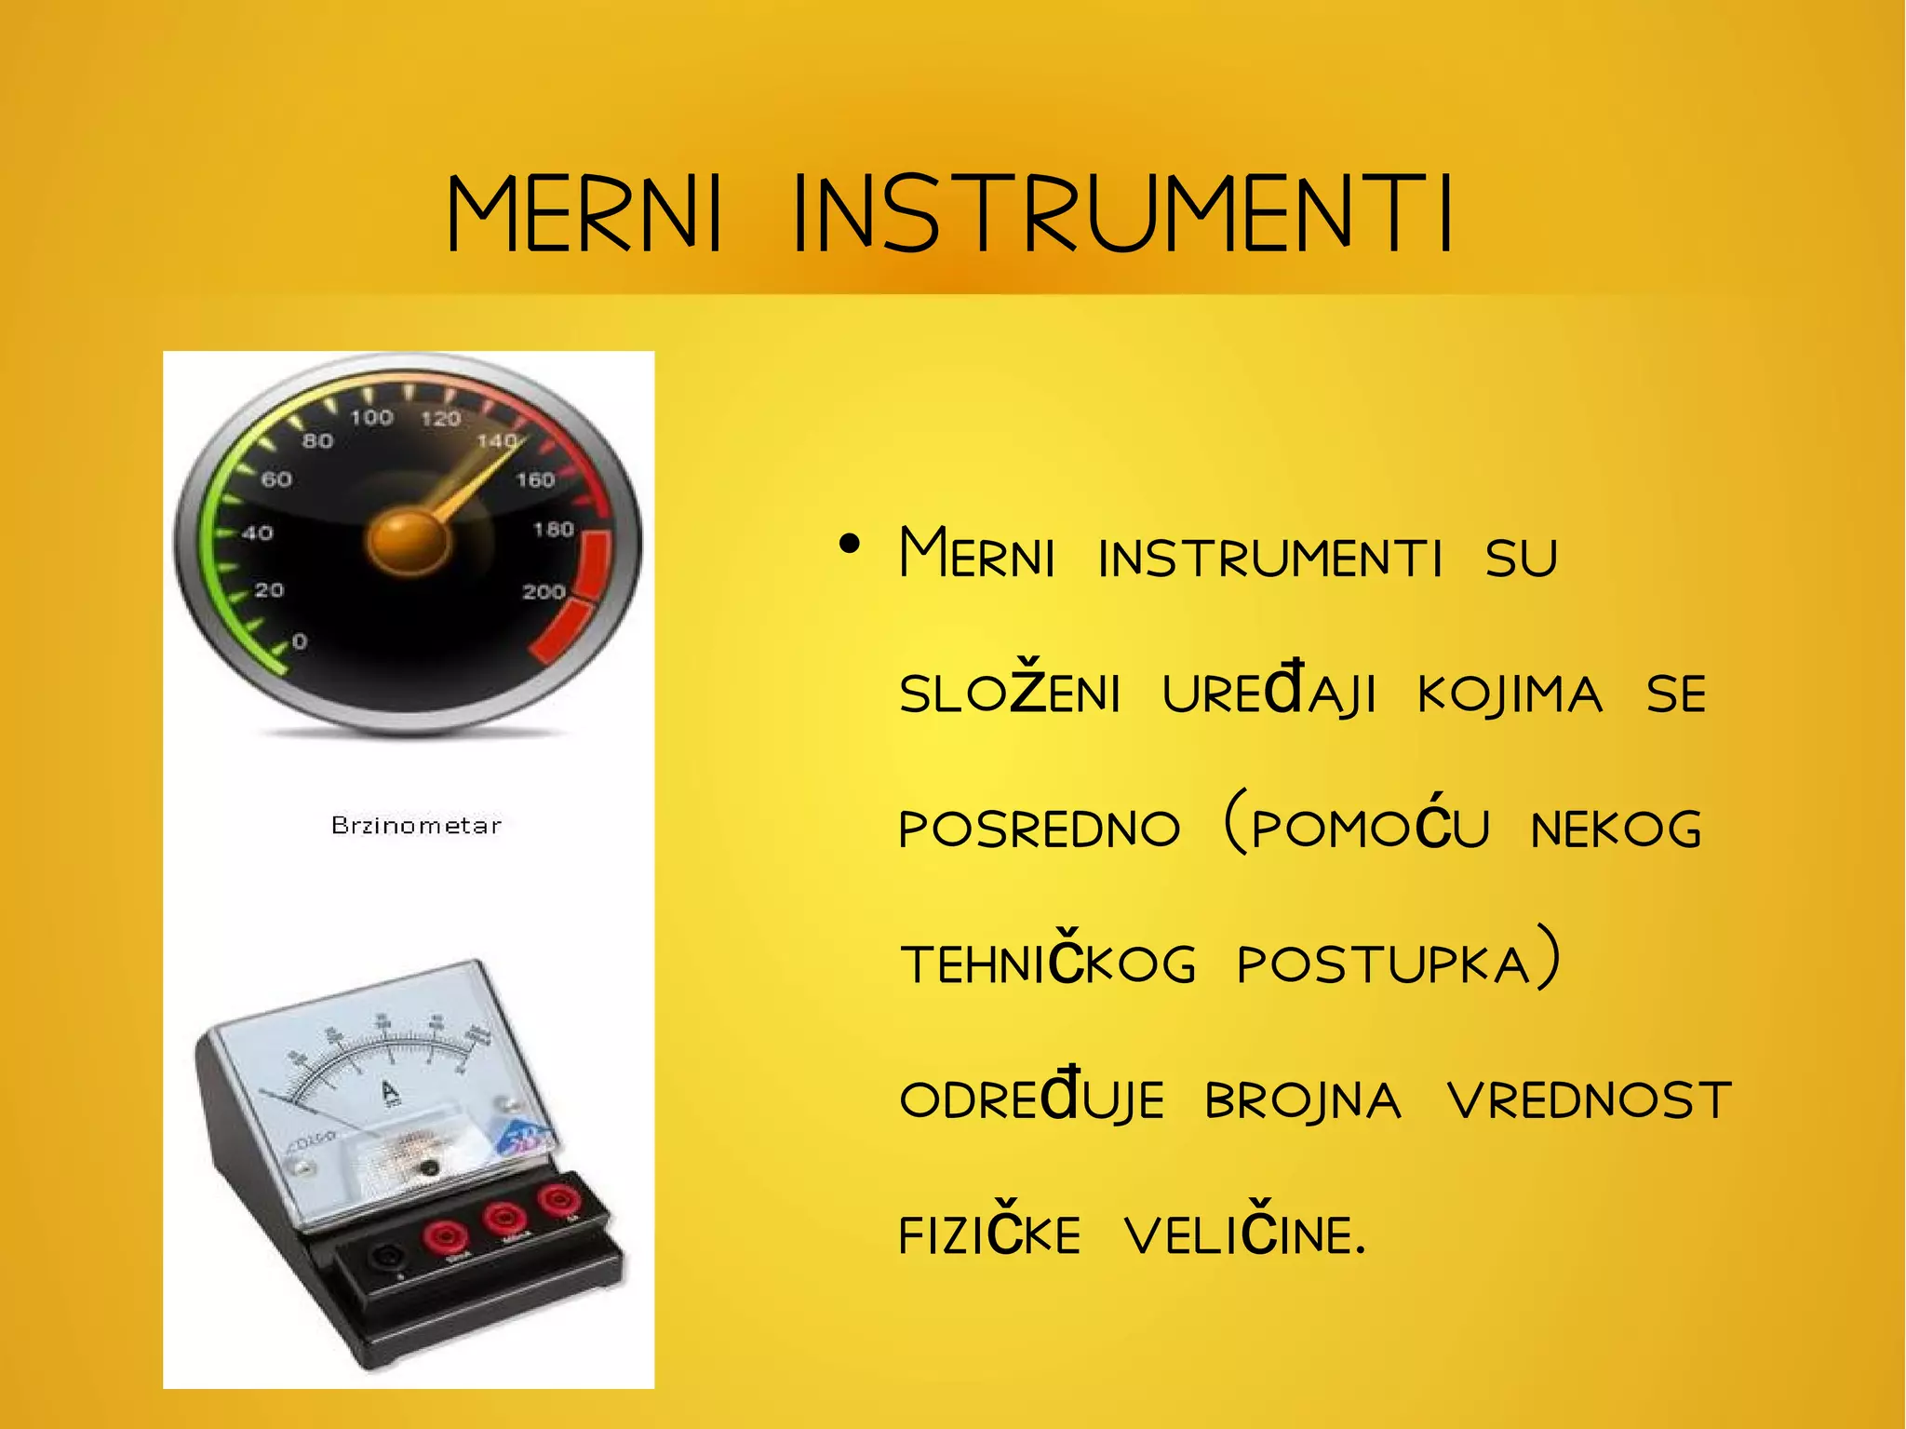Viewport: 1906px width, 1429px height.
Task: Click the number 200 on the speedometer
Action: (544, 592)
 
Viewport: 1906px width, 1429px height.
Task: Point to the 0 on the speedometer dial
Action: (300, 641)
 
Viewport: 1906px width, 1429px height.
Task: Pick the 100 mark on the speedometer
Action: (371, 418)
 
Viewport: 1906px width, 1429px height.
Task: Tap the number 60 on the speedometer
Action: (276, 480)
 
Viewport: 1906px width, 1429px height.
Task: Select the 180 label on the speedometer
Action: (553, 530)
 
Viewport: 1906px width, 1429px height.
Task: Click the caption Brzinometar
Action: (416, 826)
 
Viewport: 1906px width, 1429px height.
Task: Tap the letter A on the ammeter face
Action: (390, 1091)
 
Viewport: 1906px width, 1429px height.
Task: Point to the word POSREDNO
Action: (1040, 828)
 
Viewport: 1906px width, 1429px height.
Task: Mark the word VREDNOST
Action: (1589, 1100)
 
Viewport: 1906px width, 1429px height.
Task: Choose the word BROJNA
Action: (1303, 1101)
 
